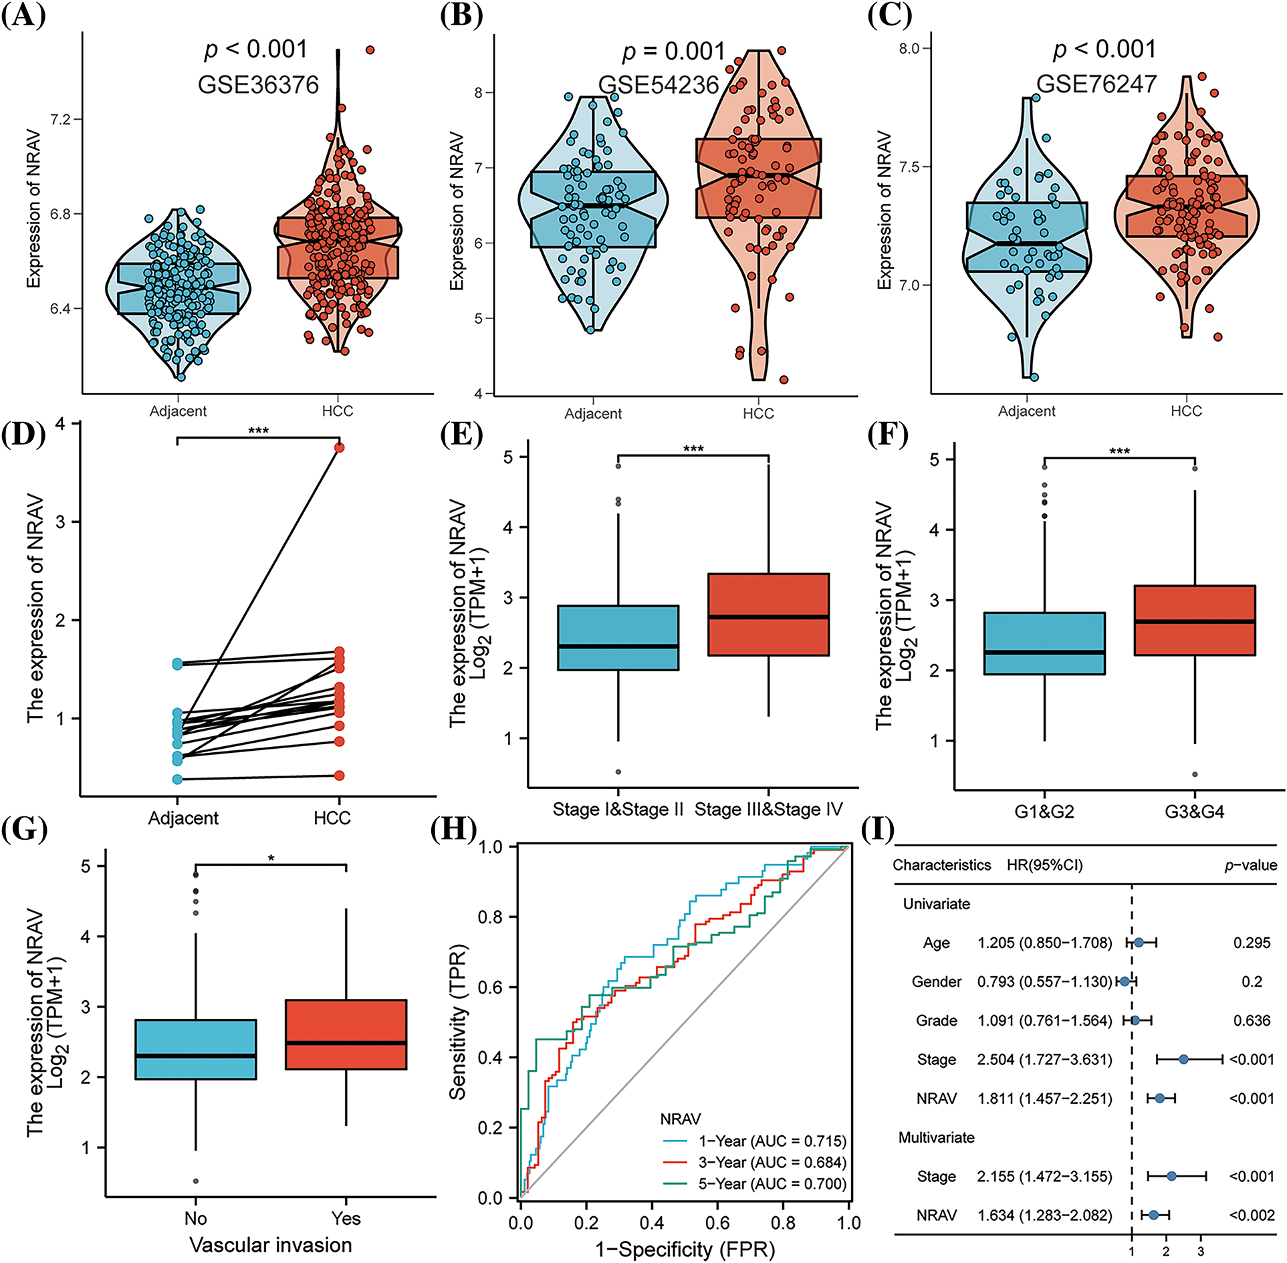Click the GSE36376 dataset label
258,85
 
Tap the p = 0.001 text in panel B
673,51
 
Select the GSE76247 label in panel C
1096,84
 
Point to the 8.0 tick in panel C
909,48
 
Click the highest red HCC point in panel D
340,447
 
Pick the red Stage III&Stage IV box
768,614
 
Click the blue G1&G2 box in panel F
1044,643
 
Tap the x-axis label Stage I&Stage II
618,810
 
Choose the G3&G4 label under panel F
1195,812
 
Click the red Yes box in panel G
346,1034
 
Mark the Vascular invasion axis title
270,1245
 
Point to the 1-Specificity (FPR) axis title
685,1249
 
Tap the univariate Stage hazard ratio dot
1183,1059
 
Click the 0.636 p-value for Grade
1252,1020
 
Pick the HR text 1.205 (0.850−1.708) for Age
1044,943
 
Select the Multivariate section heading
936,1137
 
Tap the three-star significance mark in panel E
693,449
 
